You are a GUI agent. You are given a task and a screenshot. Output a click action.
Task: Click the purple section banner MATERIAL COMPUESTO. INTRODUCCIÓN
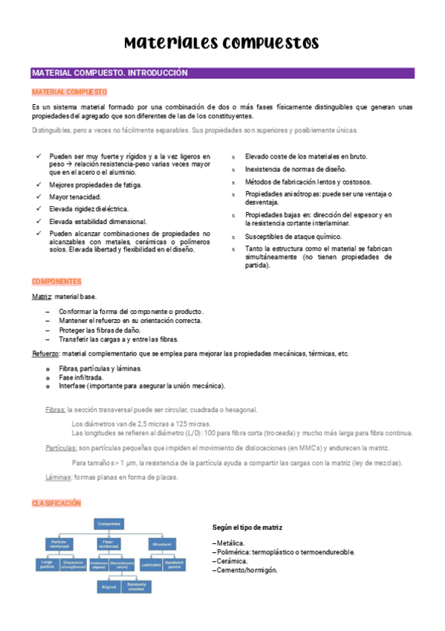coord(109,73)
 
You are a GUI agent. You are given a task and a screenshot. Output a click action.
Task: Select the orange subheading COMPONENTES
coord(56,282)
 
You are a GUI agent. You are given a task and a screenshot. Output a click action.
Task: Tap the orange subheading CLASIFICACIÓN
coord(56,504)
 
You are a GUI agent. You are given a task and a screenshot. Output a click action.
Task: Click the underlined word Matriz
coord(42,296)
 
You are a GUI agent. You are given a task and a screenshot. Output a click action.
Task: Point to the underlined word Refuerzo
coord(46,353)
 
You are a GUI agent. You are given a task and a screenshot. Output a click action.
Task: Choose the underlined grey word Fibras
coord(55,409)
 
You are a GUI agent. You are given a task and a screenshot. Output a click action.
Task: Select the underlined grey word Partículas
coord(61,448)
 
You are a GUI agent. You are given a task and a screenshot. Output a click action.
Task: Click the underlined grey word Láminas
coord(58,477)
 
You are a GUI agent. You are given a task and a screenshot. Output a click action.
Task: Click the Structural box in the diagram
coord(163,545)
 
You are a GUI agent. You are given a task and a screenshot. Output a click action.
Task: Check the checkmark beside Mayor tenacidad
coord(39,197)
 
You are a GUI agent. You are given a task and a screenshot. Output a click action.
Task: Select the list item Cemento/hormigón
coord(246,570)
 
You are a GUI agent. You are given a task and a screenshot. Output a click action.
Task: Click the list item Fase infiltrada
coord(81,377)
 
